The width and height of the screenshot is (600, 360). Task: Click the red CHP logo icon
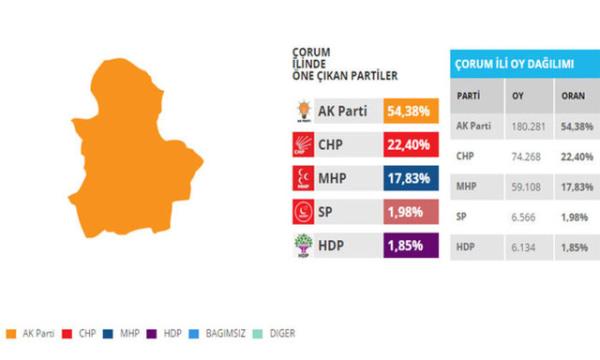(301, 144)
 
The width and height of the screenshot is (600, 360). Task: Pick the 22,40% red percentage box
(409, 144)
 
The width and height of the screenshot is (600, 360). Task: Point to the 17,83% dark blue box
(409, 178)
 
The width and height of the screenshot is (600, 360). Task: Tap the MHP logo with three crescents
(301, 178)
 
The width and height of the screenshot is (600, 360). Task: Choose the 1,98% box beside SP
(409, 212)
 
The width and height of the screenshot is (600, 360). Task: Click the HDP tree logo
(301, 246)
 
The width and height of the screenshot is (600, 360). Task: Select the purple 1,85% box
(409, 246)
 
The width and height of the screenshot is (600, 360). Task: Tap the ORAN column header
(573, 97)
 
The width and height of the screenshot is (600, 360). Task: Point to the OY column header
(519, 97)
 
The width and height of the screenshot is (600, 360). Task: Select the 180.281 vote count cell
(528, 127)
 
